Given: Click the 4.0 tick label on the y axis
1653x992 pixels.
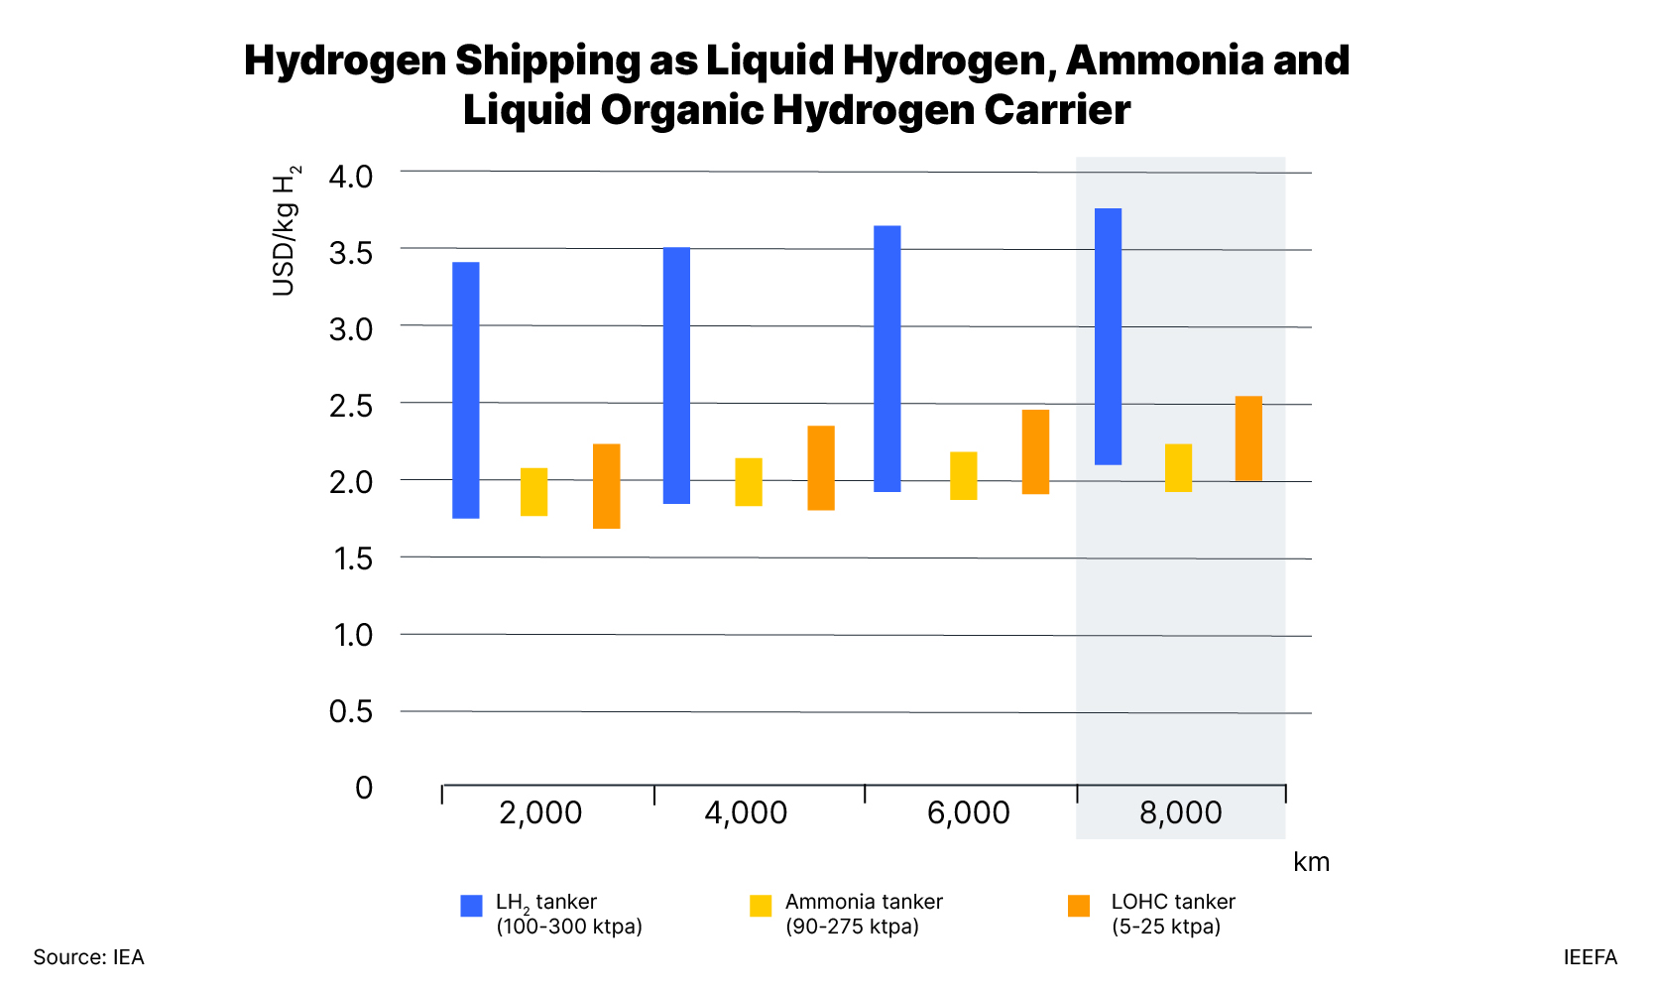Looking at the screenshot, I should (350, 177).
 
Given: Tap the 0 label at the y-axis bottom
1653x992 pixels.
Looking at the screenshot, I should (364, 788).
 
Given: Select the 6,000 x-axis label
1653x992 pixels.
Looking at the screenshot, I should (968, 812).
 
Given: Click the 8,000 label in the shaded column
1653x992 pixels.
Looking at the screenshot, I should (1180, 812).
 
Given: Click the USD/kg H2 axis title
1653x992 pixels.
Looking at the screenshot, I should (285, 231).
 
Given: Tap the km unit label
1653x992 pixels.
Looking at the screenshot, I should (1311, 861).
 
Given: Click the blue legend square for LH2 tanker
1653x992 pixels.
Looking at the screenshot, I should (471, 906).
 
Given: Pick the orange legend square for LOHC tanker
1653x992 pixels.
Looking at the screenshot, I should (1079, 906).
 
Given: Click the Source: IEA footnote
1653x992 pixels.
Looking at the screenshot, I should (88, 957).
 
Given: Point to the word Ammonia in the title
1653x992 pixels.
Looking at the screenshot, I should (1164, 61).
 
